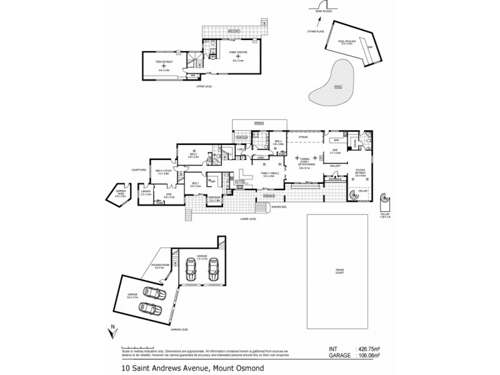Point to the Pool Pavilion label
346,42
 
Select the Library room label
146,194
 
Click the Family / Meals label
269,174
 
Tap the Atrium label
304,136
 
